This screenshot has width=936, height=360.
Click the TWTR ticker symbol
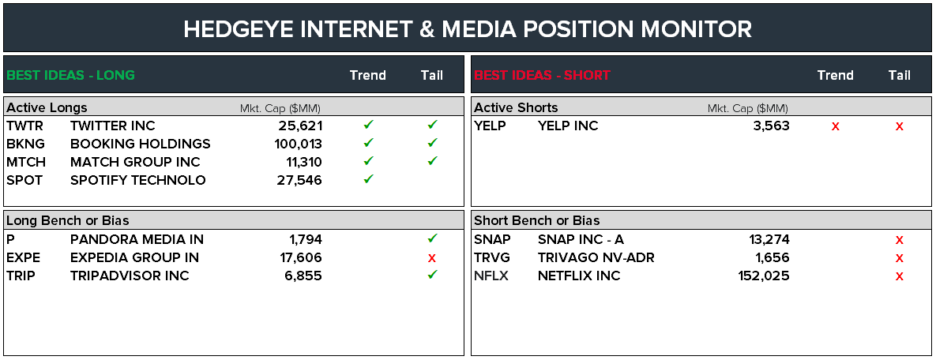(25, 126)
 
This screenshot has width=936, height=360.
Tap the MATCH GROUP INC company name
(135, 162)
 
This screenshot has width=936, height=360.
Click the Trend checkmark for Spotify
(368, 179)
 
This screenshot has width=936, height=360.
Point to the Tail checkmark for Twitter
(432, 125)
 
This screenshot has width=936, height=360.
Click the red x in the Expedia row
(432, 258)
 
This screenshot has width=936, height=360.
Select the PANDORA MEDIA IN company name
(137, 239)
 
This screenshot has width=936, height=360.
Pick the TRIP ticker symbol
(22, 276)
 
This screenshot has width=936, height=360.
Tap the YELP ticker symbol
(490, 126)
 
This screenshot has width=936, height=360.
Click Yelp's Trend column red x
(836, 126)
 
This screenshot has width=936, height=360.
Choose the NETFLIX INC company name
(579, 276)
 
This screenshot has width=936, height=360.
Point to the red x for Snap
(899, 240)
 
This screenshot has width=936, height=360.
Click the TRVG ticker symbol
(493, 257)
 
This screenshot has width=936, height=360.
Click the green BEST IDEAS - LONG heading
(71, 76)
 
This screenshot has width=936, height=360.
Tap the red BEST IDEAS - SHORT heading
(542, 76)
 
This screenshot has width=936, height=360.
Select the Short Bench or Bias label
(536, 220)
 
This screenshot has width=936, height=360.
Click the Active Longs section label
(47, 107)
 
